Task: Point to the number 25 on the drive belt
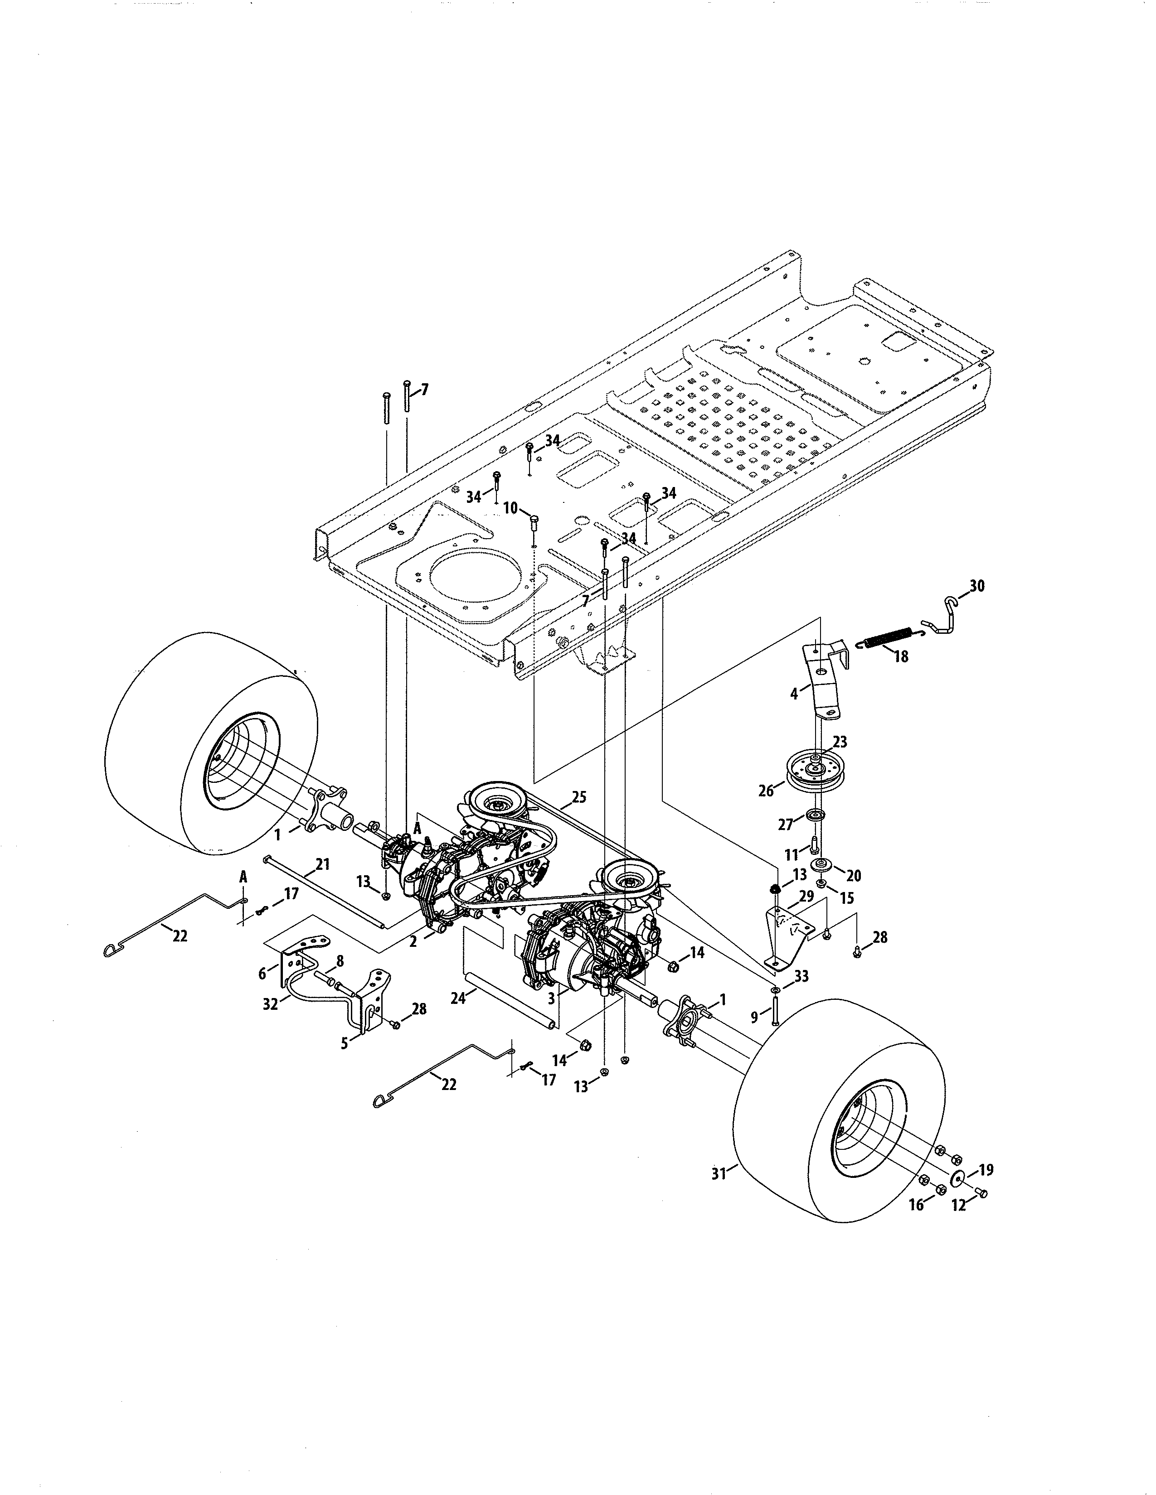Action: pyautogui.click(x=579, y=797)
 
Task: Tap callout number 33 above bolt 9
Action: pyautogui.click(x=801, y=976)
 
